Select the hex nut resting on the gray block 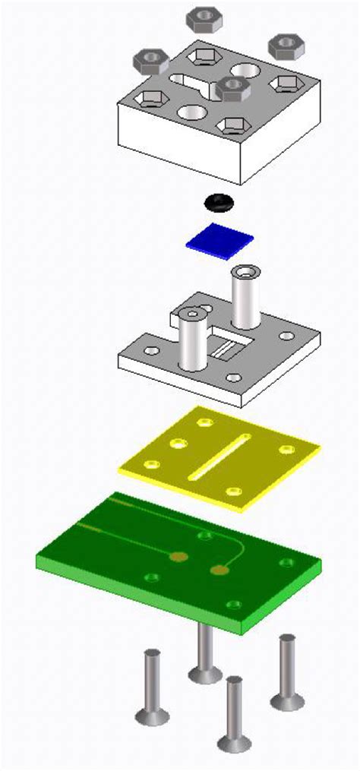click(233, 88)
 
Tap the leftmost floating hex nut click(150, 60)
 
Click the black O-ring click(219, 203)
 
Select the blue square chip click(219, 240)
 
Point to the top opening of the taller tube click(245, 272)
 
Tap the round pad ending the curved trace click(220, 570)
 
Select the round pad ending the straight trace click(179, 558)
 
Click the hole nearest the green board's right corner click(286, 563)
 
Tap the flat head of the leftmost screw click(152, 716)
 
